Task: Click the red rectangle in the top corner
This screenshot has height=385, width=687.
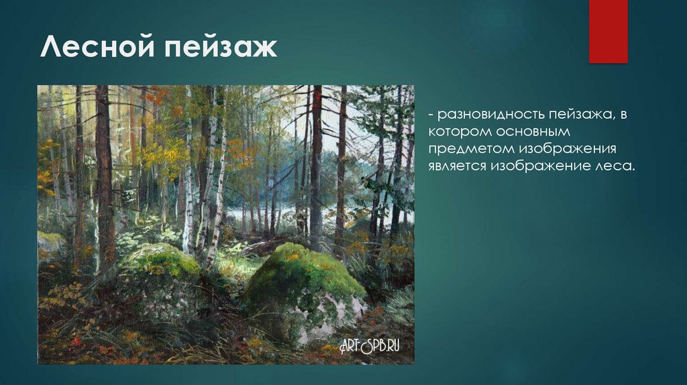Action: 608,32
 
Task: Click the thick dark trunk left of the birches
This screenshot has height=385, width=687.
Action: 104,174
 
